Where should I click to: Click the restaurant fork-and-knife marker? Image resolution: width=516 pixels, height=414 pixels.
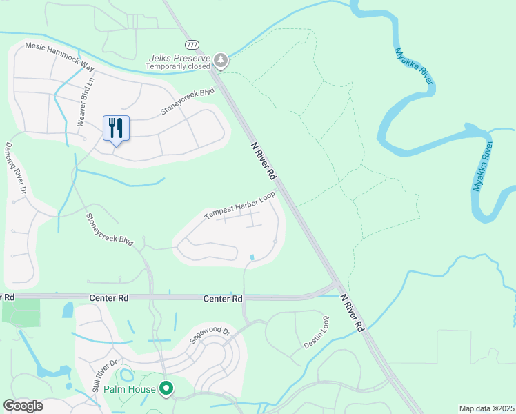[116, 128]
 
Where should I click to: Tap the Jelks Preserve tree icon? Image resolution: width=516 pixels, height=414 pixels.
[221, 61]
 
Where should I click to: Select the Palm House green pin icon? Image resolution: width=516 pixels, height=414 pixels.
[166, 389]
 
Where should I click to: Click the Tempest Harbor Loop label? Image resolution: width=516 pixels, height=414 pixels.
[239, 206]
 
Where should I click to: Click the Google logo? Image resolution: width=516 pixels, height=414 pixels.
[23, 406]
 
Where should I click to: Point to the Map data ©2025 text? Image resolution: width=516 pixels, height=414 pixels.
[486, 408]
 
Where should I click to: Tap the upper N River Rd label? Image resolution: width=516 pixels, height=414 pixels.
[263, 158]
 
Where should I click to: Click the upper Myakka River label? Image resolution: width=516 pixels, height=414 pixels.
[414, 67]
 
